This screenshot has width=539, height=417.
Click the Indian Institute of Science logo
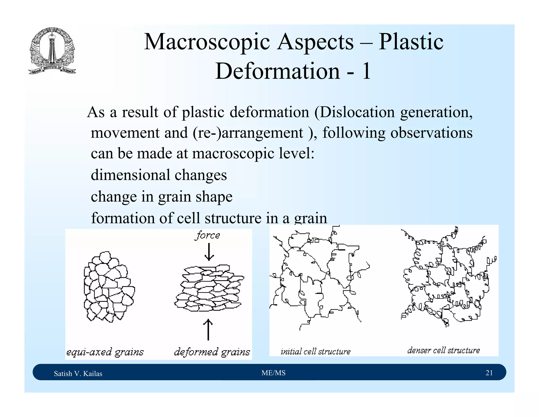pyautogui.click(x=52, y=51)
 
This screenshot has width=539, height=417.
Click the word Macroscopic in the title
pyautogui.click(x=207, y=42)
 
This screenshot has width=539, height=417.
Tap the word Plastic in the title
pyautogui.click(x=411, y=42)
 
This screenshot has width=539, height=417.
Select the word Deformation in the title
pyautogui.click(x=277, y=71)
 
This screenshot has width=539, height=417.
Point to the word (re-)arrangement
pyautogui.click(x=248, y=133)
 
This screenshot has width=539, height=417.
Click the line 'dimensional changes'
pyautogui.click(x=159, y=175)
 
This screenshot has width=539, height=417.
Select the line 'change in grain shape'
pyautogui.click(x=162, y=197)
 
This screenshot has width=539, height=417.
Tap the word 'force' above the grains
pyautogui.click(x=208, y=235)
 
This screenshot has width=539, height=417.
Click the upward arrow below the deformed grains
pyautogui.click(x=208, y=329)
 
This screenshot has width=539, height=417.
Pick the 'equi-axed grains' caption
pyautogui.click(x=105, y=352)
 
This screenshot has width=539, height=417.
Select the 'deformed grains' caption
pyautogui.click(x=212, y=352)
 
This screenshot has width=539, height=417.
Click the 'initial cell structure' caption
pyautogui.click(x=316, y=351)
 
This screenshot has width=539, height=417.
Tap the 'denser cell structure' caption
pyautogui.click(x=443, y=350)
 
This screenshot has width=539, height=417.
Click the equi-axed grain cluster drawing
pyautogui.click(x=109, y=287)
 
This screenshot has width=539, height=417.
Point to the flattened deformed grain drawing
pyautogui.click(x=209, y=288)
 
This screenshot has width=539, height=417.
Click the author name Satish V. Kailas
pyautogui.click(x=78, y=374)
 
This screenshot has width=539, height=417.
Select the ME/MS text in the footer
pyautogui.click(x=273, y=373)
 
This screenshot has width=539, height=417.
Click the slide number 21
pyautogui.click(x=489, y=373)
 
